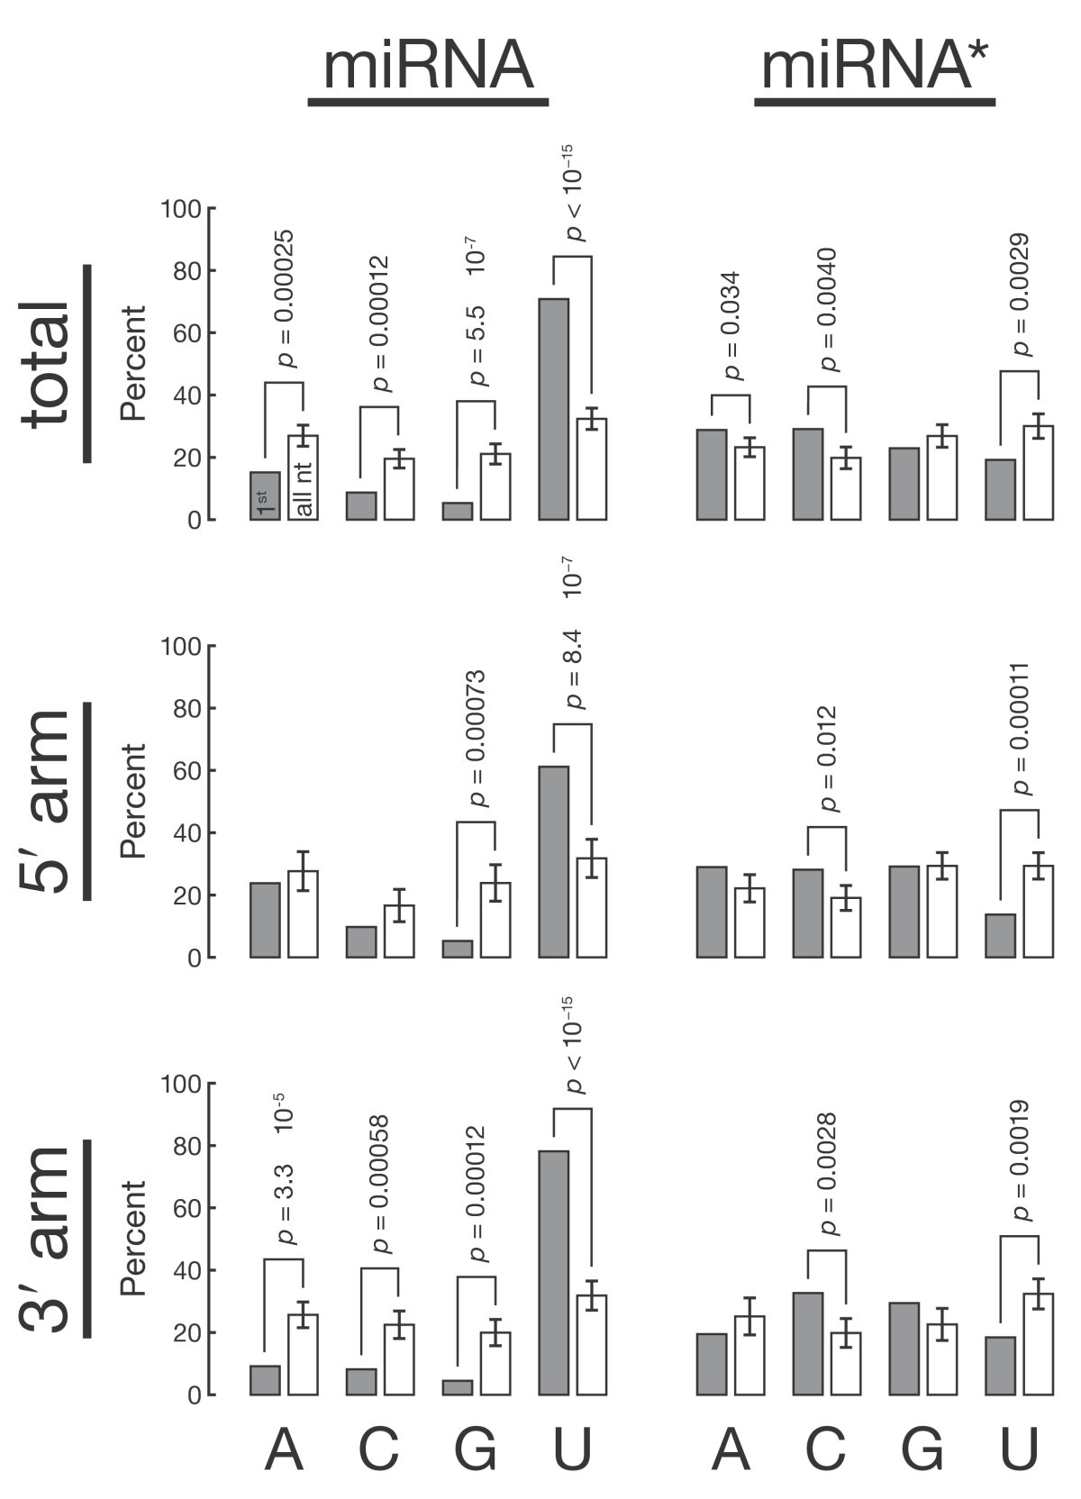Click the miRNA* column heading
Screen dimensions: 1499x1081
(x=874, y=68)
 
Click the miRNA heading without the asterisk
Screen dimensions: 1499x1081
(x=428, y=68)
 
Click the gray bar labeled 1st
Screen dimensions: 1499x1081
(x=264, y=496)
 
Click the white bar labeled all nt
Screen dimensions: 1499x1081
(x=303, y=478)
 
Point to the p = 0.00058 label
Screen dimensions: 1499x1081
(x=381, y=1185)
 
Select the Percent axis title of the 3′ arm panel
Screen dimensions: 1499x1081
(x=133, y=1238)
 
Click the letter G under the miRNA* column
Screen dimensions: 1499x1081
(x=922, y=1450)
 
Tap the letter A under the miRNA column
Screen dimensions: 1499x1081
(x=283, y=1450)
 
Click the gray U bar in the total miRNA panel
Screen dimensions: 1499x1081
(x=553, y=409)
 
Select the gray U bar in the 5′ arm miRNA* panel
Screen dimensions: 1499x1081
(x=1000, y=936)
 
